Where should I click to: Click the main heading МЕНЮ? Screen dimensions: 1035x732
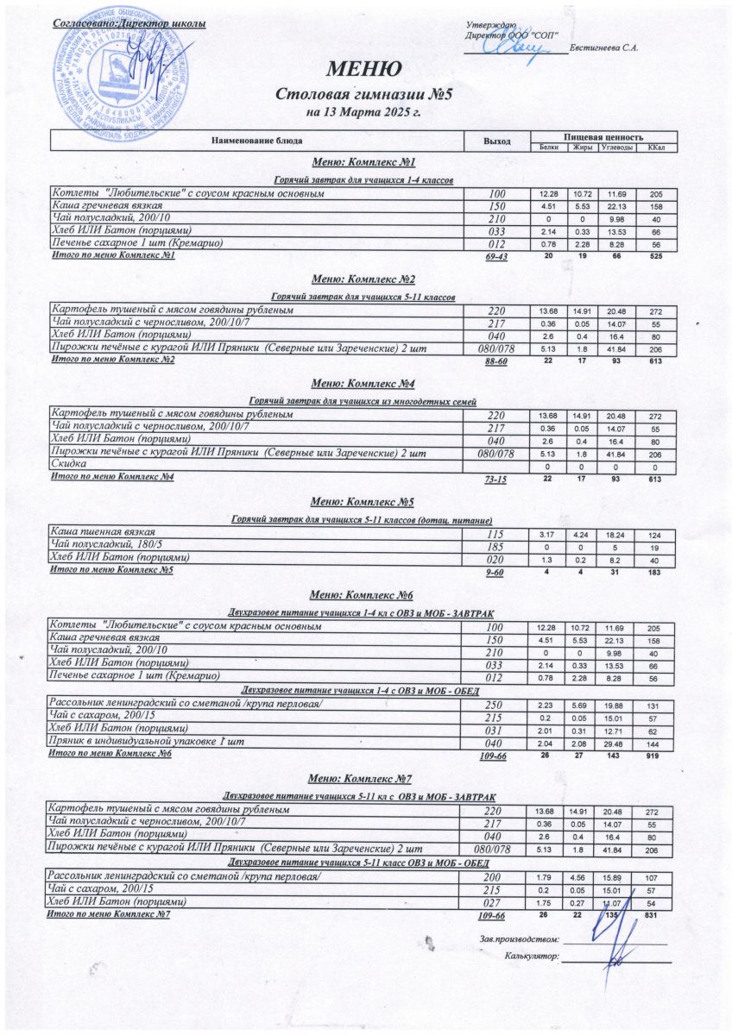pos(363,70)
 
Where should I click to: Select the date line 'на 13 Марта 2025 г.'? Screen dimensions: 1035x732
pos(363,112)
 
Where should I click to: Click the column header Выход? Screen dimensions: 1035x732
pos(496,141)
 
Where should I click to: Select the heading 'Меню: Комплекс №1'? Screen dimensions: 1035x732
pos(363,162)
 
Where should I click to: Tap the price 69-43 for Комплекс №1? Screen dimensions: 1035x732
pos(497,257)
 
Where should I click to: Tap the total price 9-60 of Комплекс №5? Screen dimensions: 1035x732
pos(495,572)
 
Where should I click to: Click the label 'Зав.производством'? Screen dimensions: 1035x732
pos(517,938)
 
